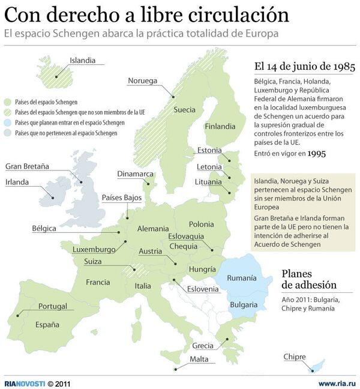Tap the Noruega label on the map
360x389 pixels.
(142, 81)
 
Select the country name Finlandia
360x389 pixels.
(220, 127)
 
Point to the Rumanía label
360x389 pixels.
(241, 278)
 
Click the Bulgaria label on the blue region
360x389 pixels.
(244, 304)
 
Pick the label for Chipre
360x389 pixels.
(295, 357)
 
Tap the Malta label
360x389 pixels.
(199, 359)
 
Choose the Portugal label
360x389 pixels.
(53, 306)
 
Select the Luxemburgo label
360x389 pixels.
(94, 249)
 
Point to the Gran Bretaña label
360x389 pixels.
(27, 166)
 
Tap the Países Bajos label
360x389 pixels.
(122, 197)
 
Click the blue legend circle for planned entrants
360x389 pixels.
(8, 122)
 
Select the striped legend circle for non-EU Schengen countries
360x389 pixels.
(8, 112)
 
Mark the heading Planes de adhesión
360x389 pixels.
(308, 279)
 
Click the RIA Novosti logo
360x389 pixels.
(24, 383)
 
